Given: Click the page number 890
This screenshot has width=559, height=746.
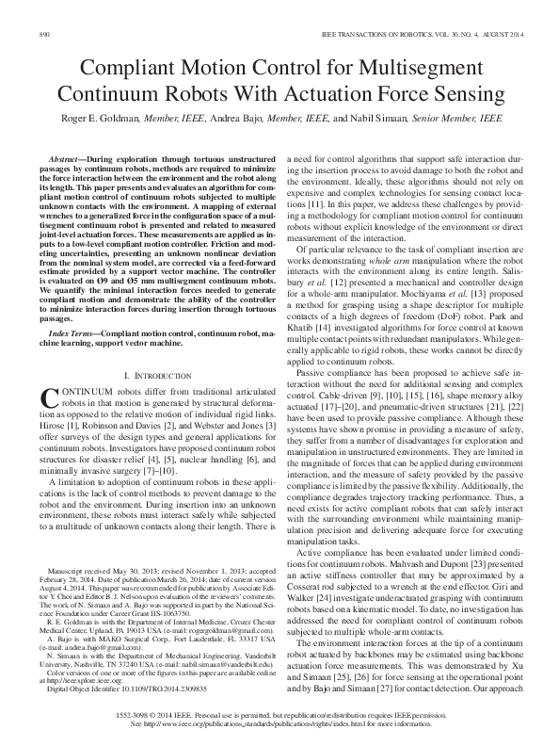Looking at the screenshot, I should pos(44,34).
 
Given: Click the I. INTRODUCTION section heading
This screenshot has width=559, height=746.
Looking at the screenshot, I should pos(154,376).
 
